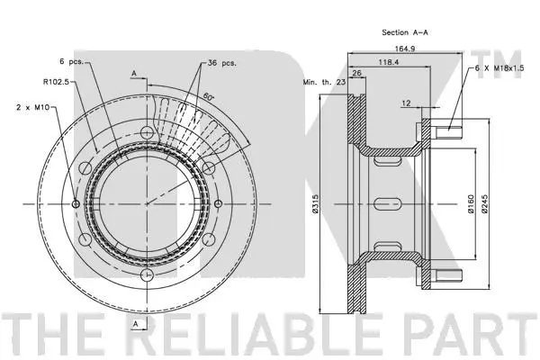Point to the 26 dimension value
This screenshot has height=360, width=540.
356,74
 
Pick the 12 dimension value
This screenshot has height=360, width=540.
407,103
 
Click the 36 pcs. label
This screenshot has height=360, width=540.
221,64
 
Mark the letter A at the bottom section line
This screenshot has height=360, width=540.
133,322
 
